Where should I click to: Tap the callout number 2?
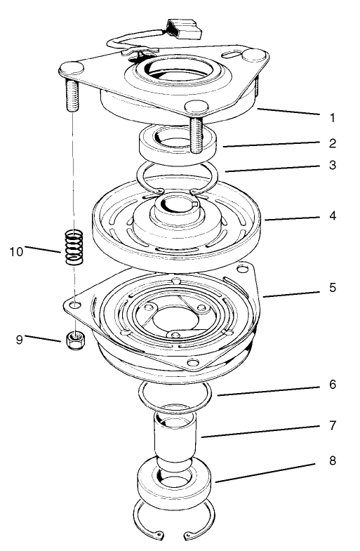[333, 143]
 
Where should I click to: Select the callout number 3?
[333, 166]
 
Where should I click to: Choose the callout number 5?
[333, 288]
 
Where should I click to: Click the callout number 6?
[333, 385]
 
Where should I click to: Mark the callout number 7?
[333, 425]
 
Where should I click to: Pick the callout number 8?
[333, 461]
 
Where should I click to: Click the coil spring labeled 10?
[74, 247]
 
